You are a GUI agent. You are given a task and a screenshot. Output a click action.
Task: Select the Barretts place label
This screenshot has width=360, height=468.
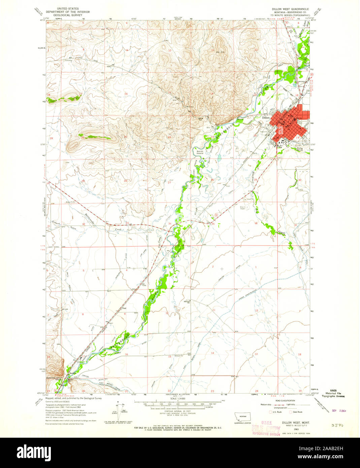pos(71,373)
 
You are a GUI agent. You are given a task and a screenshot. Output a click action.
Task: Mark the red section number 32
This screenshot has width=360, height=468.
pos(83,224)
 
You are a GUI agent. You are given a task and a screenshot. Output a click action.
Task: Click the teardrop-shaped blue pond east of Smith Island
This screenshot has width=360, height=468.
pos(220,157)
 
